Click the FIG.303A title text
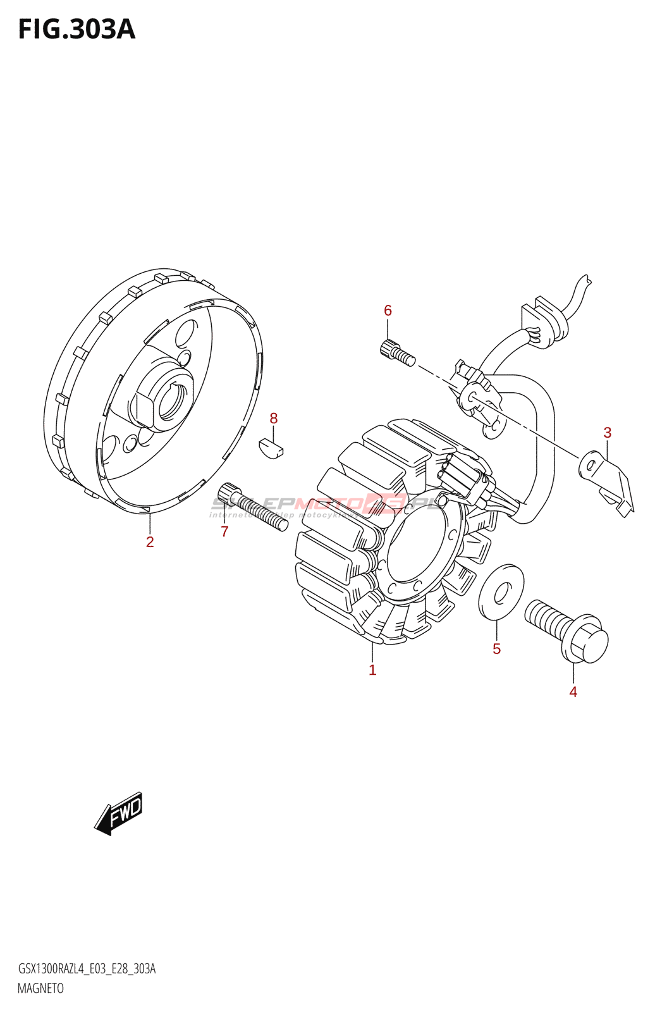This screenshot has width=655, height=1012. point(77,30)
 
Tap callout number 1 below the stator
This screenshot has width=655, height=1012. point(372,670)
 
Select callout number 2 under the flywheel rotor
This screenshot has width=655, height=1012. point(150,542)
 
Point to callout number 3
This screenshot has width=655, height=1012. point(607,433)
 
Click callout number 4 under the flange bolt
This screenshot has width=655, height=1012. point(573,692)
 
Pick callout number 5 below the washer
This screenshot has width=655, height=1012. point(496,649)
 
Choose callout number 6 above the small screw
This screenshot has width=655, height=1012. point(388,311)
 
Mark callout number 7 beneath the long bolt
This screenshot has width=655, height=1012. point(224,532)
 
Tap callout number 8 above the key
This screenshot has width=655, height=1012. point(273,418)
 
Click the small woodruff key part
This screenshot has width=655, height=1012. point(271,447)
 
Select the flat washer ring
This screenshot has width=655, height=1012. point(501,592)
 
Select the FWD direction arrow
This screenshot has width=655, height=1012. point(119,813)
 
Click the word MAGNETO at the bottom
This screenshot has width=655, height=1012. point(40,988)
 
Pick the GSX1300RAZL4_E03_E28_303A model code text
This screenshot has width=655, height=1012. point(87,969)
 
